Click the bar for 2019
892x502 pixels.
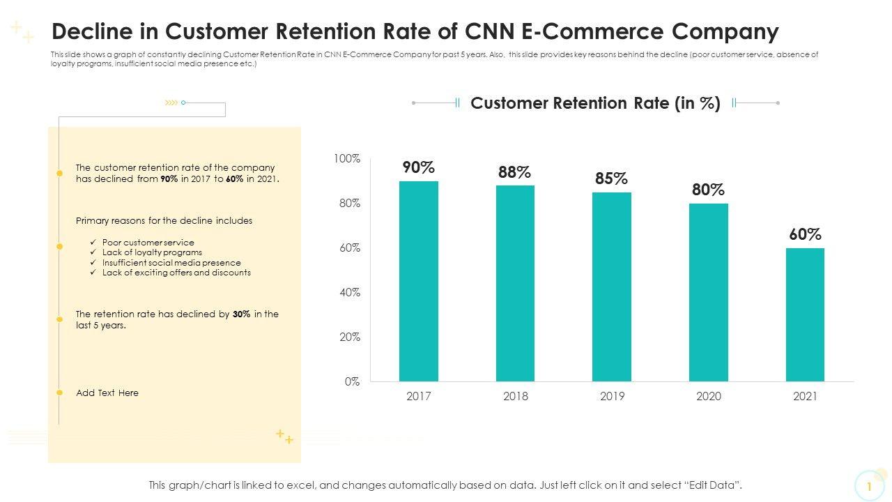[x=612, y=287]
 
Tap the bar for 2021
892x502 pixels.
[x=805, y=314]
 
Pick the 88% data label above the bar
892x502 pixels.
[x=514, y=172]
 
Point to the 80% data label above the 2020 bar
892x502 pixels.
[x=708, y=190]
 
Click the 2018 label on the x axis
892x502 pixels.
[x=515, y=397]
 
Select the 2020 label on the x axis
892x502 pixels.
[x=709, y=397]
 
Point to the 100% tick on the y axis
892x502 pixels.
[x=346, y=159]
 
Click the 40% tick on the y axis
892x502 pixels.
[x=349, y=293]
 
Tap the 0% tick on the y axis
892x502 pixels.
[x=352, y=382]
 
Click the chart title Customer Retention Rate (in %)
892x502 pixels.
[x=595, y=103]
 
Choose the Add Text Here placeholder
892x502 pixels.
[x=107, y=393]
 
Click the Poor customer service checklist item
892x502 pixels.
[x=148, y=243]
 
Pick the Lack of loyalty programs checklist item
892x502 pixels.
[x=152, y=252]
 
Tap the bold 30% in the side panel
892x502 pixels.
[x=241, y=314]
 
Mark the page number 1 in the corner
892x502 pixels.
[x=869, y=487]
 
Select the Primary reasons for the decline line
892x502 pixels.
[x=164, y=221]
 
